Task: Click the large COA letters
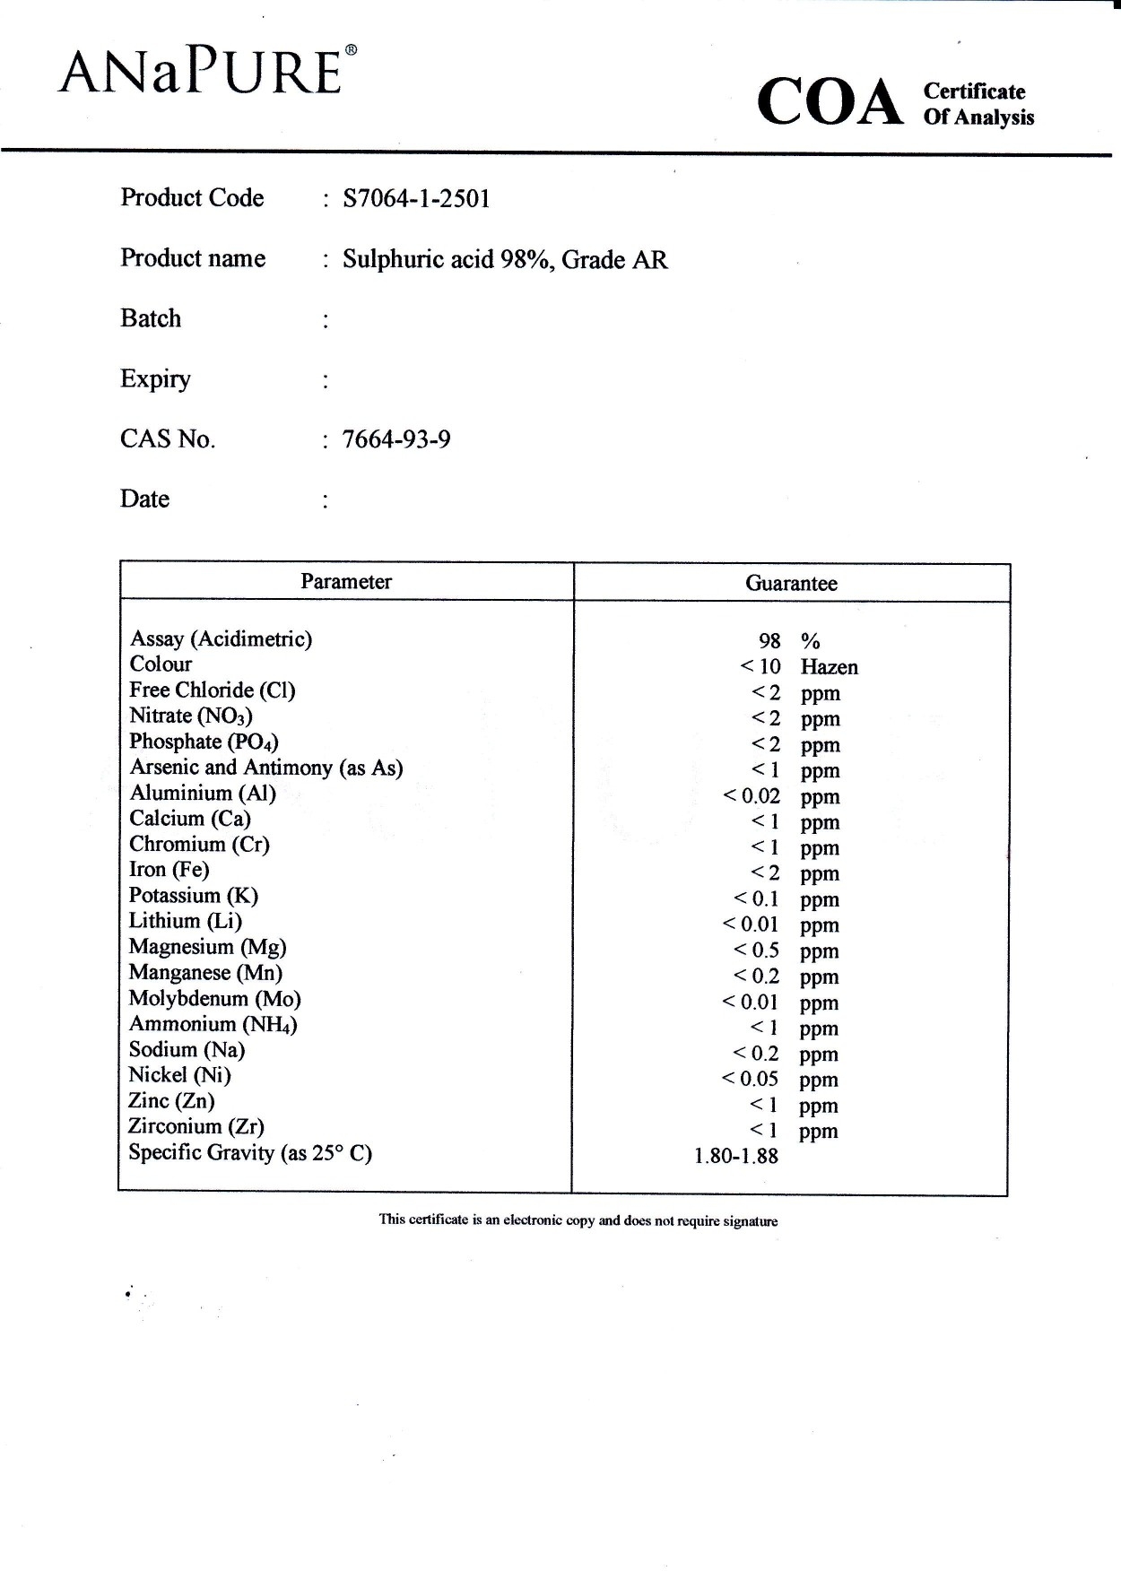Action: point(830,102)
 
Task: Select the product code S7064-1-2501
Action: point(416,198)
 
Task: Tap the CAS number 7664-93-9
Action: point(396,439)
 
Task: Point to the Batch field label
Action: point(151,318)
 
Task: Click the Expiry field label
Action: point(155,378)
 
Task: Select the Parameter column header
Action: point(346,581)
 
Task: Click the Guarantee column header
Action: point(791,583)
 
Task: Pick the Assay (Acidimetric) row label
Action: point(222,638)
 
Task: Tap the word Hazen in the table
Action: point(829,667)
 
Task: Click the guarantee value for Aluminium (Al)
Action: point(752,795)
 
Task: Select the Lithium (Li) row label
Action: point(186,921)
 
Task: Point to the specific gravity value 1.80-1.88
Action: point(736,1156)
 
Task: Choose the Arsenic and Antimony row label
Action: point(266,768)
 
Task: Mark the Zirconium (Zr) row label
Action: point(196,1126)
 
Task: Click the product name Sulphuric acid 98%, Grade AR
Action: point(505,259)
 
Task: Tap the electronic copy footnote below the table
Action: point(578,1220)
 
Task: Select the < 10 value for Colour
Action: point(760,666)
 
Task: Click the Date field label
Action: point(144,499)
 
